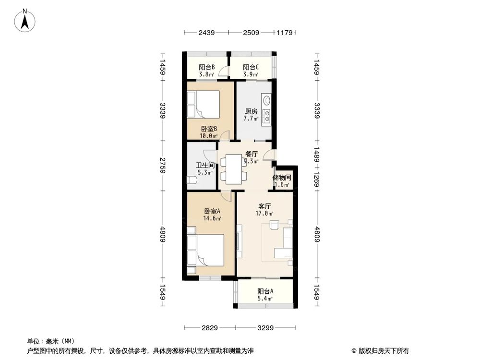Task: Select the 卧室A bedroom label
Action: point(212,211)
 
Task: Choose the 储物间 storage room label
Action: point(282,177)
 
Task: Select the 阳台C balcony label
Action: point(251,67)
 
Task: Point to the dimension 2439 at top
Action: point(206,33)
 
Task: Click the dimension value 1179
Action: point(284,33)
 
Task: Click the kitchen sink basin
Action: point(266,100)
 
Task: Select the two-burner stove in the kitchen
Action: point(266,116)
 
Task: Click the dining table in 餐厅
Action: point(234,168)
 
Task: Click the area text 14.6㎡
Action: point(212,218)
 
